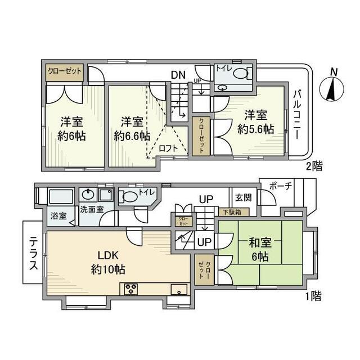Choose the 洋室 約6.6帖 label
(132, 128)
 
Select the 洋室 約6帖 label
(72, 128)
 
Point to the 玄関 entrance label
(243, 197)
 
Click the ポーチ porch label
(280, 187)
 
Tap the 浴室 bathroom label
(58, 215)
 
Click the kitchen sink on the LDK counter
(179, 290)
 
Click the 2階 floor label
(315, 166)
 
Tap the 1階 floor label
(315, 294)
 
